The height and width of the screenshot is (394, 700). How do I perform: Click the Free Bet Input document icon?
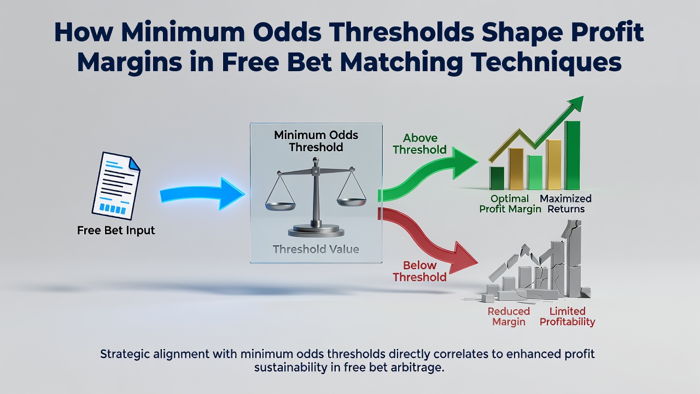[116, 186]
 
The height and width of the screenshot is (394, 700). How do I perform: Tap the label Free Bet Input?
[116, 230]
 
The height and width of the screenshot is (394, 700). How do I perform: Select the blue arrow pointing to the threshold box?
[202, 194]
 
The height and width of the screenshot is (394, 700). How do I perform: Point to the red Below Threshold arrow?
[428, 237]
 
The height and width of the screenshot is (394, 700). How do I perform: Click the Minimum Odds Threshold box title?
[316, 141]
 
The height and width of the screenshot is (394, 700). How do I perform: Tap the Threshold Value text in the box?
[316, 249]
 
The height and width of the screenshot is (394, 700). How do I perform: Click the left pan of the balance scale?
[280, 206]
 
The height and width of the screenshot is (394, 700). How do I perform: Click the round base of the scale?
[316, 231]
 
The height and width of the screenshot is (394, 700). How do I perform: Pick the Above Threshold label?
[419, 144]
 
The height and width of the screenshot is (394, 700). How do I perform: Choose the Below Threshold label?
[419, 271]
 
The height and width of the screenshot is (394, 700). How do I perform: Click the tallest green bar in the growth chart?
[572, 155]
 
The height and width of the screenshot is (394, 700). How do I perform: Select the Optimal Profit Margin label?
[510, 204]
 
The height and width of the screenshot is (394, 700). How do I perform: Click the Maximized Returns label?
[565, 204]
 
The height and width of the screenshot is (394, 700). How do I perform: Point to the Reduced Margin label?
[509, 316]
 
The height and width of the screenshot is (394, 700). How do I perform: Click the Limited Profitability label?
[567, 316]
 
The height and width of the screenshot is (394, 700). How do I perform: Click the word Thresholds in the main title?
[398, 32]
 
